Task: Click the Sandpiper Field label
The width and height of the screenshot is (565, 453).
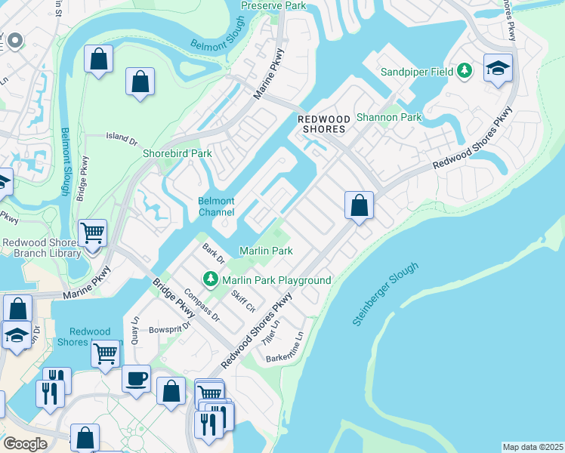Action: (x=416, y=72)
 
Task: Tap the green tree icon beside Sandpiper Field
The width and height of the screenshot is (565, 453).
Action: (x=465, y=72)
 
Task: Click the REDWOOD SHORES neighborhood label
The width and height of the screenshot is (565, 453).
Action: (x=323, y=124)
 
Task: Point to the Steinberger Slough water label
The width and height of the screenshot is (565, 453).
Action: (x=384, y=295)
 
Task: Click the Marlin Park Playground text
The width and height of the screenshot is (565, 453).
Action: (x=276, y=280)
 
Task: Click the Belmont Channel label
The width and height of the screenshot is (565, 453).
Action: (x=216, y=207)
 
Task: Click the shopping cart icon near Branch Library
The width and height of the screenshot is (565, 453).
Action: (x=92, y=233)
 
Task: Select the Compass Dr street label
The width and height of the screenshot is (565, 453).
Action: (x=201, y=306)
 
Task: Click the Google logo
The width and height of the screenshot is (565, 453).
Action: (x=26, y=444)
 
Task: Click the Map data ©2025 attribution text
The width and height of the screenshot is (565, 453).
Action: (x=533, y=447)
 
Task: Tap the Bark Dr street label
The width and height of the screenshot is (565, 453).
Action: (x=212, y=253)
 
